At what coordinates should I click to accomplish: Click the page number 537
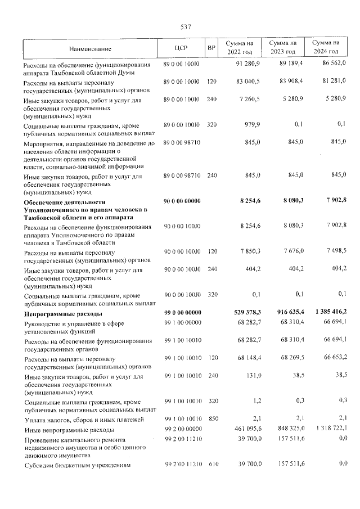click(186, 27)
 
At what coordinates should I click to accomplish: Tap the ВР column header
click(211, 48)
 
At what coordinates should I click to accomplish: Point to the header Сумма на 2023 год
click(282, 48)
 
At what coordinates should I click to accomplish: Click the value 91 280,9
click(248, 64)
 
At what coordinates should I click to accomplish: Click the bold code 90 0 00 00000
click(182, 201)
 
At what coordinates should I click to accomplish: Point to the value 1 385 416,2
click(327, 312)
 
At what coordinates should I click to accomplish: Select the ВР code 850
click(211, 420)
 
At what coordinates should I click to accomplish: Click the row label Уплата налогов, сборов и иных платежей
click(83, 420)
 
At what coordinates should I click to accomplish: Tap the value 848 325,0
click(287, 430)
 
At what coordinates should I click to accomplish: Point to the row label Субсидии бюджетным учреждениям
click(76, 466)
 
